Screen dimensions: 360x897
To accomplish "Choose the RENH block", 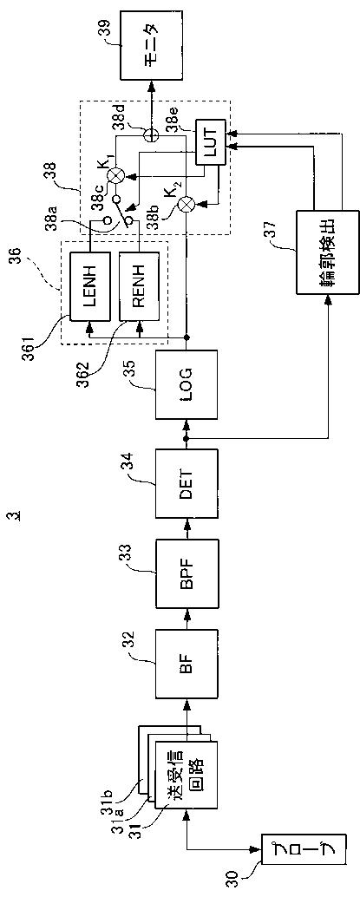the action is (140, 285).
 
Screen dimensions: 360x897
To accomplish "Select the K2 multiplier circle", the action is (186, 204).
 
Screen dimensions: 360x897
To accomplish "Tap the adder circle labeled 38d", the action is (151, 134).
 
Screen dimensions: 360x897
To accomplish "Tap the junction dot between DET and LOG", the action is (186, 436).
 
